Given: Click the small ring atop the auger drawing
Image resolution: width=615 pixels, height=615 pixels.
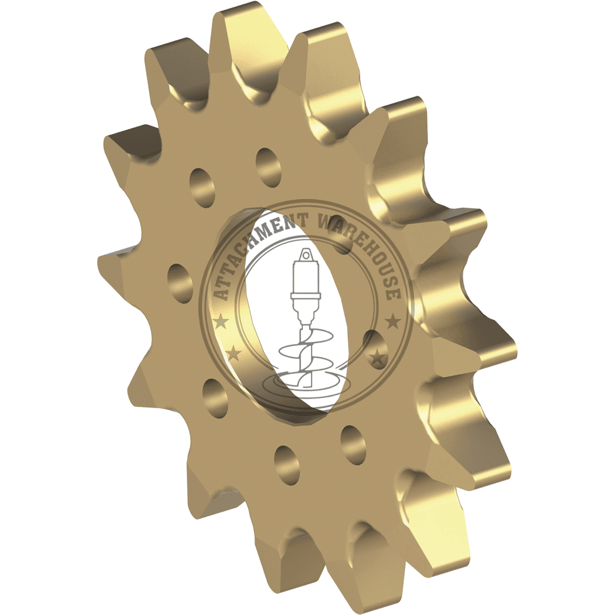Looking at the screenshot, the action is (305, 256).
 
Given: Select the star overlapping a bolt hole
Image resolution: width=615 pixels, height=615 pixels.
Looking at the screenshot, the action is (378, 356).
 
